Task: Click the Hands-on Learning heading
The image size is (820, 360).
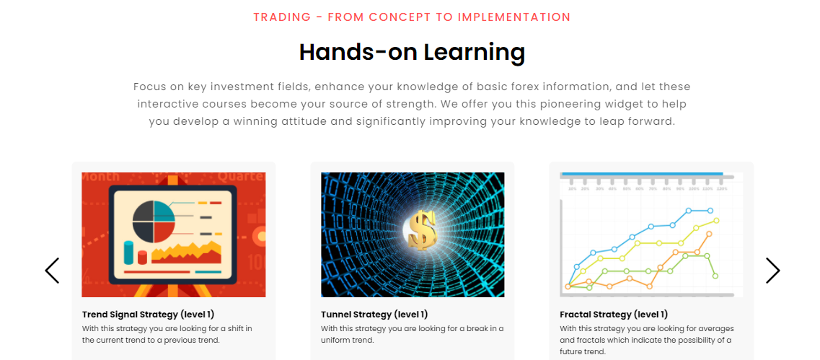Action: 412,53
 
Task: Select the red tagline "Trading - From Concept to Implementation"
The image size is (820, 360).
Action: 412,17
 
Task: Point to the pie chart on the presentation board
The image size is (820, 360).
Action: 153,221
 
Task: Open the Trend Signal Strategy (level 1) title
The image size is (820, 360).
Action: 148,315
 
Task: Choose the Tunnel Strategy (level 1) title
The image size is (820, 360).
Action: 374,315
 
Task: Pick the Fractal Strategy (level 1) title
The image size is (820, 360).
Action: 614,315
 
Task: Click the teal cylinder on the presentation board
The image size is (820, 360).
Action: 128,253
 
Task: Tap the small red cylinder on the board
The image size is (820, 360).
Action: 142,257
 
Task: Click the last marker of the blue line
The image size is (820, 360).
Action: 710,211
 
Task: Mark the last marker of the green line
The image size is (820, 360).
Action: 715,276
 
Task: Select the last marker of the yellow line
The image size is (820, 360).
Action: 716,220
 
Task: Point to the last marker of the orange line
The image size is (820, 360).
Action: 709,234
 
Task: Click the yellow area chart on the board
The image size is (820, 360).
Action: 186,253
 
